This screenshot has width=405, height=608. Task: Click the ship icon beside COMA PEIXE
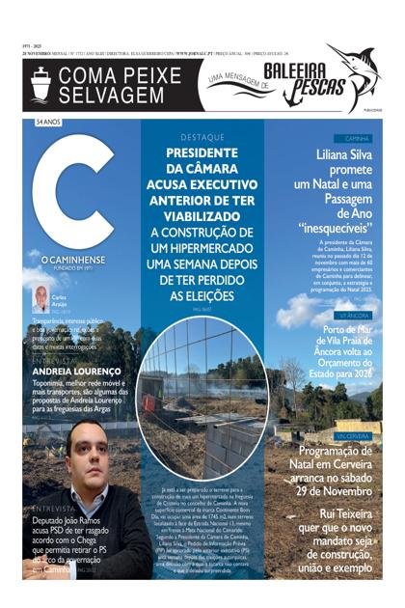pos(40,85)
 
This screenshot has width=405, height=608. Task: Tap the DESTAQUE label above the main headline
pos(202,138)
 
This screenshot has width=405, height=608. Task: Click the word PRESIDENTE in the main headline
pos(202,152)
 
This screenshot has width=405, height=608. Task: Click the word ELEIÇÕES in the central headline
pos(202,295)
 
